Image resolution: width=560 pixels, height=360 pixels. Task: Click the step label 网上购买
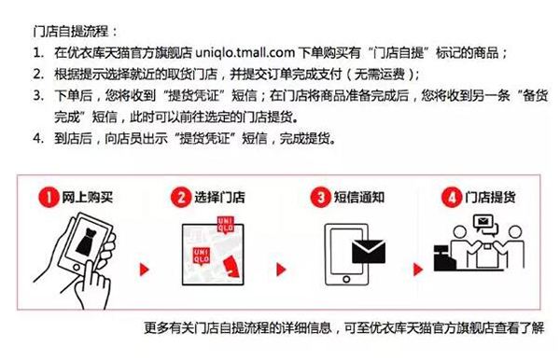pos(86,198)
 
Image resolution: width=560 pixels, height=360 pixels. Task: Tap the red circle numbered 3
pos(319,197)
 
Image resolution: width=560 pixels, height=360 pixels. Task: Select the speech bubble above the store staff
pos(486,223)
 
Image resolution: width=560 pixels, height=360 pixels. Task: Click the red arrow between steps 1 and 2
pos(144,271)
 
